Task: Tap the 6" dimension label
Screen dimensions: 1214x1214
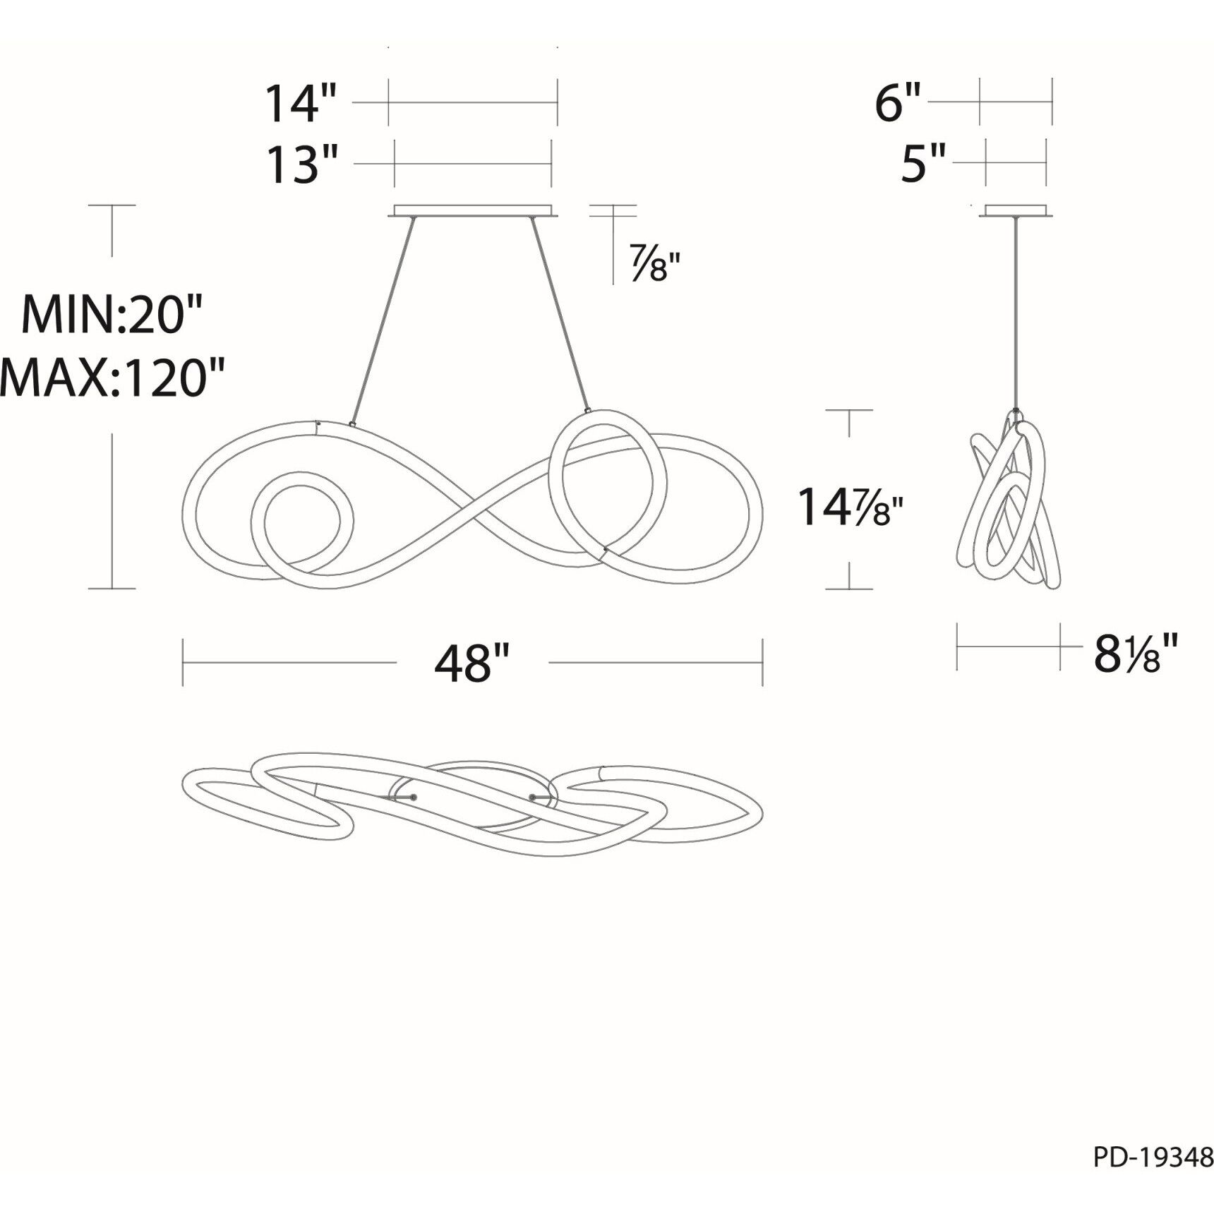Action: click(x=899, y=103)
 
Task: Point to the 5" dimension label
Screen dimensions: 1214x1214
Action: click(x=923, y=164)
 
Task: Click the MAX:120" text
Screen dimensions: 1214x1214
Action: click(x=113, y=376)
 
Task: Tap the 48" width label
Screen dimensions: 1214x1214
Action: click(x=471, y=663)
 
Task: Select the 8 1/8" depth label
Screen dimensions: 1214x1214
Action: click(x=1136, y=653)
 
